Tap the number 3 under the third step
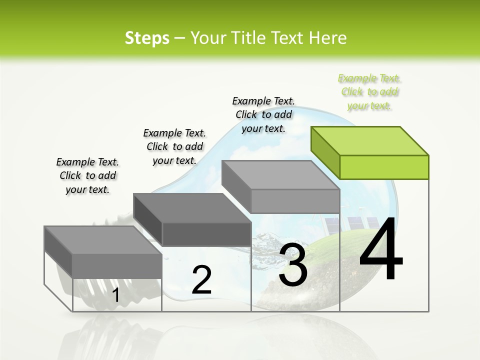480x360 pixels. point(293,265)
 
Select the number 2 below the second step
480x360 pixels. point(201,280)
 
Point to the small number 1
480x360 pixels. point(116,295)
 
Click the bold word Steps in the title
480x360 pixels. point(147,38)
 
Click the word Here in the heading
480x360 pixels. point(328,38)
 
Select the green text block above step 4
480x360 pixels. point(369,92)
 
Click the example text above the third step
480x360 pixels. point(263,114)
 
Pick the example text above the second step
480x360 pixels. point(174,146)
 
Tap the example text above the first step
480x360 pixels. point(87,175)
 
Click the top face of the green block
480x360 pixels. point(369,140)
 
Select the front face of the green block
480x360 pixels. point(384,167)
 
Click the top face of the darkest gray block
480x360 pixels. point(192,207)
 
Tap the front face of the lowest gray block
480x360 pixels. point(117,266)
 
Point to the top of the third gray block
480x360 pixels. point(280,175)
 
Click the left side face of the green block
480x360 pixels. point(325,153)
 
